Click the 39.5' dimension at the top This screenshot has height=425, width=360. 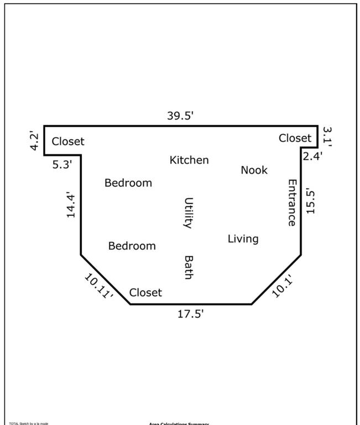click(x=180, y=116)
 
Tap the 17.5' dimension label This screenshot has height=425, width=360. click(x=190, y=314)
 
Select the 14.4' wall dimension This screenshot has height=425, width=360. click(x=71, y=205)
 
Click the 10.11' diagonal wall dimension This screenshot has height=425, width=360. click(x=99, y=287)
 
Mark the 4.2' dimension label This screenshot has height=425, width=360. click(x=35, y=141)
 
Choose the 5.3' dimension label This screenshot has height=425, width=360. click(x=62, y=164)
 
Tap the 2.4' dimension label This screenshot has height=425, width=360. click(x=312, y=156)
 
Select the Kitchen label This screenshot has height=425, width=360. click(x=189, y=160)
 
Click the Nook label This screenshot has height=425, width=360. click(x=254, y=170)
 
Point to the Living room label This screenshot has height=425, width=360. click(x=243, y=239)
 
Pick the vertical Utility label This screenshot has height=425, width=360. click(x=188, y=213)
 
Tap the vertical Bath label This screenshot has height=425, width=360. click(x=188, y=267)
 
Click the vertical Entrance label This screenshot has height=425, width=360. click(x=292, y=202)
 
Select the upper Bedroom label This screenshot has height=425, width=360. click(x=128, y=183)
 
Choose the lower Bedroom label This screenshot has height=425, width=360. click(x=132, y=246)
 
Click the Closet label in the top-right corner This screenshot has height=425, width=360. click(x=295, y=138)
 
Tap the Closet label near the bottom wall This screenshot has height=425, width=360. click(x=145, y=292)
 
